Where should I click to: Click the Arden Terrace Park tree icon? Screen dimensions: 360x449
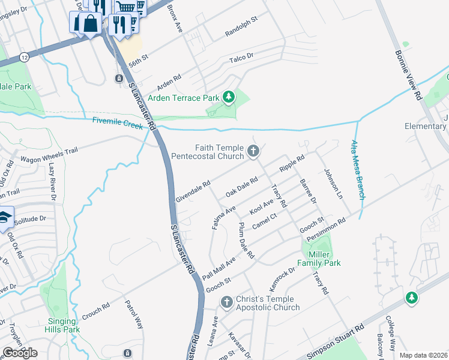point(228,97)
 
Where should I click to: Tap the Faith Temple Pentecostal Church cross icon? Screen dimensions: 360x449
point(253,151)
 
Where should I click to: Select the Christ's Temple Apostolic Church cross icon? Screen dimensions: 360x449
point(227,302)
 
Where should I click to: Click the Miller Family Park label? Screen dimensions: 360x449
point(319,259)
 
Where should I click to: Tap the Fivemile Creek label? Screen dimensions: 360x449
point(118,122)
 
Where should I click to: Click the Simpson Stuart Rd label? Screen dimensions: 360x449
point(337,341)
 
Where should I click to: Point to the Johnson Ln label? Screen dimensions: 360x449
point(332,182)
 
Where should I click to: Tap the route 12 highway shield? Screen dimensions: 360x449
point(23,57)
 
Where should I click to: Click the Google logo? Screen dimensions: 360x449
point(20,353)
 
